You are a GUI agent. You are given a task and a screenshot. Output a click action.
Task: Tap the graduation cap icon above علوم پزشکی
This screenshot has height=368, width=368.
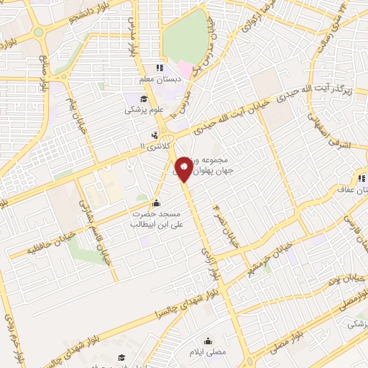[143, 98]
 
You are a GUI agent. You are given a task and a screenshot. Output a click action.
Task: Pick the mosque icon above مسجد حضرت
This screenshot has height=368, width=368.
[157, 202]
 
